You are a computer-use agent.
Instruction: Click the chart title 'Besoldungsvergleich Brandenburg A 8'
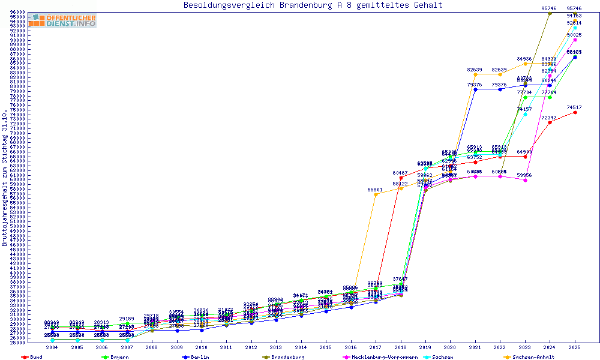tap(313, 5)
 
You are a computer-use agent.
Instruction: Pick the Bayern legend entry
tap(119, 357)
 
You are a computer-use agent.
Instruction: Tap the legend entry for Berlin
tap(200, 357)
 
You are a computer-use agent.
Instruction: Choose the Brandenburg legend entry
tap(286, 357)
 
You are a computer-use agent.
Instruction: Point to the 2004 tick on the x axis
tap(52, 347)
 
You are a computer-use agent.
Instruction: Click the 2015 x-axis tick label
tap(326, 347)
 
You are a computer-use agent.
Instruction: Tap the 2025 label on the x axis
tap(575, 347)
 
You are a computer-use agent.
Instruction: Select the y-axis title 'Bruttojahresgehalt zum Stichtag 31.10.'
tap(5, 178)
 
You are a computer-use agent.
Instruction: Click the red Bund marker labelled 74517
tap(575, 112)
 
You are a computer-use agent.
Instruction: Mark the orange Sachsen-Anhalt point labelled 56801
tap(376, 194)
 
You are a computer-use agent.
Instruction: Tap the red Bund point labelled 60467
tap(401, 178)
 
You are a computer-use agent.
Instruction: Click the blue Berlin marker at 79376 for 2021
tap(475, 89)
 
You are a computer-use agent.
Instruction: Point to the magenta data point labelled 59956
tap(525, 180)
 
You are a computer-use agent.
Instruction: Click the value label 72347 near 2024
tap(549, 118)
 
